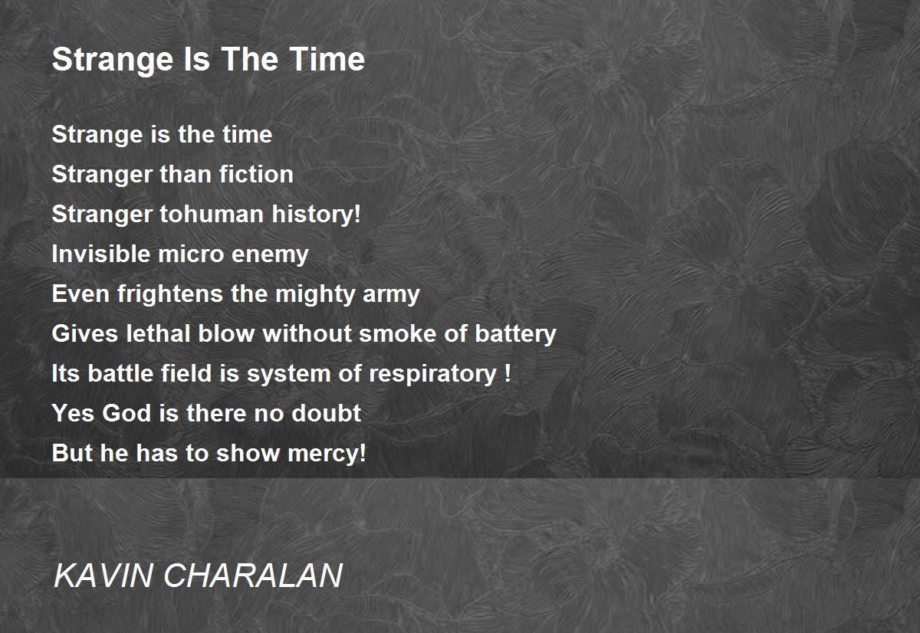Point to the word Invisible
point(101,254)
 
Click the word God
point(127,413)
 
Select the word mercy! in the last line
point(327,454)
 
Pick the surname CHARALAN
point(253,576)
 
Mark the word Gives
point(85,333)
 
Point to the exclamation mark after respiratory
point(508,372)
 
